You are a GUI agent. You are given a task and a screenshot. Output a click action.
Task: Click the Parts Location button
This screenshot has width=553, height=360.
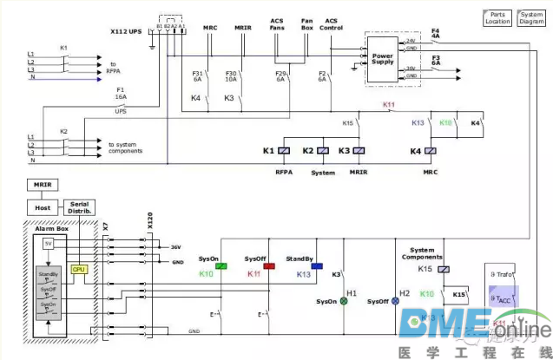(x=498, y=17)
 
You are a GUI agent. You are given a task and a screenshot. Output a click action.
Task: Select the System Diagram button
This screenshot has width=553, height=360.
(x=531, y=17)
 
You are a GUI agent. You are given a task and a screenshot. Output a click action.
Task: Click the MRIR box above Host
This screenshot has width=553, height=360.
(x=42, y=185)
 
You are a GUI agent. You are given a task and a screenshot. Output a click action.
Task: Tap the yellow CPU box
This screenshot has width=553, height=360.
(x=80, y=270)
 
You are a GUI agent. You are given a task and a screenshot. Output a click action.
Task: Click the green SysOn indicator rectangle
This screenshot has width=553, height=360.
(x=221, y=266)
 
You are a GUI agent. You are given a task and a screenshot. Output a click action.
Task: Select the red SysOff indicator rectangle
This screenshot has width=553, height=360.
(x=269, y=266)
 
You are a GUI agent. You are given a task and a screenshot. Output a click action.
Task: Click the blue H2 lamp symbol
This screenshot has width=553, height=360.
(x=395, y=302)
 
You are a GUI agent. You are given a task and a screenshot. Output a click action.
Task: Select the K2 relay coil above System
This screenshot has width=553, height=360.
(x=323, y=151)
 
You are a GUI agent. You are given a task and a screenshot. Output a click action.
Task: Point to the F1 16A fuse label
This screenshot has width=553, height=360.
(x=121, y=93)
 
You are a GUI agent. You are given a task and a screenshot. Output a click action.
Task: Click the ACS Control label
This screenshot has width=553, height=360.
(x=332, y=24)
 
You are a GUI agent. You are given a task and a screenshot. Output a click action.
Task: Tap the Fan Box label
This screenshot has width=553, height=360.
(x=306, y=24)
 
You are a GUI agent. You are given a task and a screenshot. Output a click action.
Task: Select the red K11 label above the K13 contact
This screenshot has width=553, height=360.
(x=389, y=106)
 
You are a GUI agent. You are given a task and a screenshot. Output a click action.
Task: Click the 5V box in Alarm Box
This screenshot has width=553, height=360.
(x=48, y=244)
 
